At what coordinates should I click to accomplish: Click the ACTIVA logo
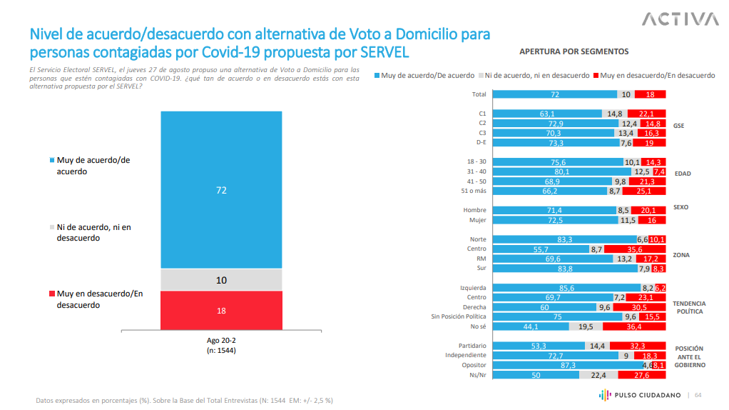pyautogui.click(x=680, y=19)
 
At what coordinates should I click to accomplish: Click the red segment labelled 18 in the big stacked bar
pyautogui.click(x=222, y=310)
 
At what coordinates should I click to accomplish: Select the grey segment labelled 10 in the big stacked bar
pyautogui.click(x=222, y=280)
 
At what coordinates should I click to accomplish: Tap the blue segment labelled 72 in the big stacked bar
pyautogui.click(x=222, y=189)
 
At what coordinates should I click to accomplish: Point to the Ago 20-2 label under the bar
pyautogui.click(x=221, y=340)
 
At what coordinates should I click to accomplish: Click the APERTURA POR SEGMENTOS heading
pyautogui.click(x=573, y=51)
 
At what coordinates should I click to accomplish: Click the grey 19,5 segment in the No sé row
pyautogui.click(x=586, y=326)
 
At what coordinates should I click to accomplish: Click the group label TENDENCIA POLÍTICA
pyautogui.click(x=688, y=308)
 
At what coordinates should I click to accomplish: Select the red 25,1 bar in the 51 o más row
pyautogui.click(x=644, y=191)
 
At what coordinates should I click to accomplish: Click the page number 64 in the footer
pyautogui.click(x=698, y=395)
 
